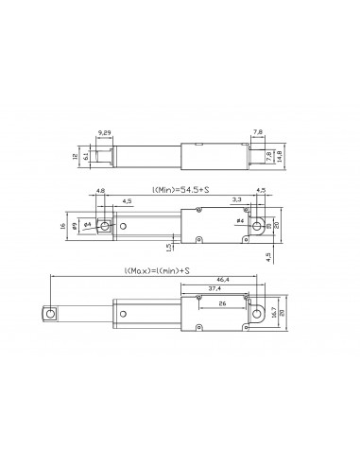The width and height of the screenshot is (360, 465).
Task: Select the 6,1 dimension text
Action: [88, 157]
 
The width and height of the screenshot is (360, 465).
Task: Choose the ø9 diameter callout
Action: [87, 224]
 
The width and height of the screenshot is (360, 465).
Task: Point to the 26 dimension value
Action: [222, 304]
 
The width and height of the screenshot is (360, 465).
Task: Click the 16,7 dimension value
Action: [272, 312]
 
